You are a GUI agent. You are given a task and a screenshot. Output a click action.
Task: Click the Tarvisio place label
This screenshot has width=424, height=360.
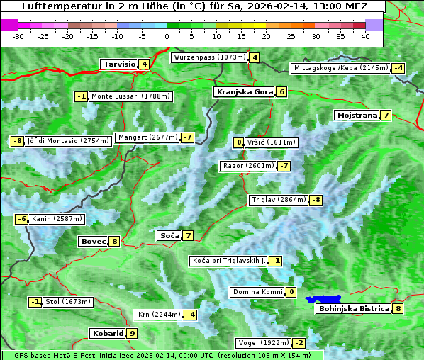pos(119,64)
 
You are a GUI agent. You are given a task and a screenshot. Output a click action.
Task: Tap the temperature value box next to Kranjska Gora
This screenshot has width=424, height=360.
pos(281,91)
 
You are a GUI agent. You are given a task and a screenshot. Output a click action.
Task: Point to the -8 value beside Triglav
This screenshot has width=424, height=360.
pos(316,200)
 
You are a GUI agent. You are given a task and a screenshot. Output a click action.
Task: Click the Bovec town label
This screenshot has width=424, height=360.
pos(93,241)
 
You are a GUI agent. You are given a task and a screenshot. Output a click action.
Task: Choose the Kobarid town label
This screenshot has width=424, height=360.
pos(107,333)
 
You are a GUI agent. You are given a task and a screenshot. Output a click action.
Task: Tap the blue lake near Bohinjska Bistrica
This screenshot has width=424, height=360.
pos(324,299)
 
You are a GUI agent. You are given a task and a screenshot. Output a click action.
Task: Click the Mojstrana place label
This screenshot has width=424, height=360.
pos(357,115)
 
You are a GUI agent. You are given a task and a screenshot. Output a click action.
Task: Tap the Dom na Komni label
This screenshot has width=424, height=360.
pos(257,292)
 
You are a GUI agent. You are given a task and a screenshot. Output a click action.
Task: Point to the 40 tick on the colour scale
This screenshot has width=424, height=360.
pos(365,35)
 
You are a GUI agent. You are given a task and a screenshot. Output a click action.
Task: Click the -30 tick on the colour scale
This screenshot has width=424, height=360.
pos(18,35)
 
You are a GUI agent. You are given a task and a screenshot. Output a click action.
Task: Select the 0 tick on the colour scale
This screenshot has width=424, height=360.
pos(167,35)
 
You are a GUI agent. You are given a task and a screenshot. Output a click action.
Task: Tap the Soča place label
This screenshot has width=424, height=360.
pos(169,235)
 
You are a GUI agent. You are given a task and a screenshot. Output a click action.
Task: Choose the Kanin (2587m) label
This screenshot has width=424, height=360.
pos(57,219)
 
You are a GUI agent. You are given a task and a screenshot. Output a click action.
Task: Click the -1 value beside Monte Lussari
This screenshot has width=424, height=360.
pos(81,96)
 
